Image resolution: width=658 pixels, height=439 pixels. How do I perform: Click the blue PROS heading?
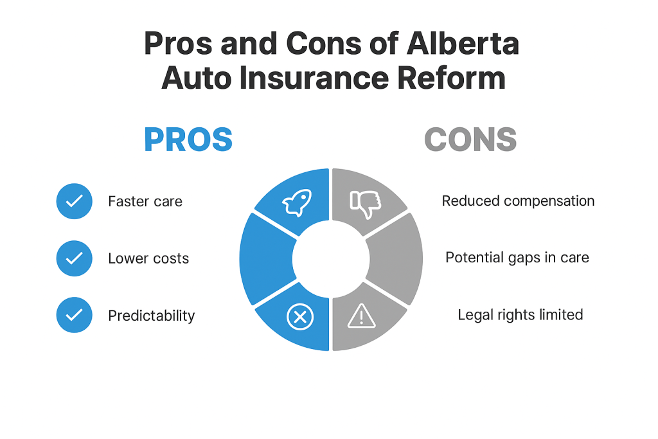coord(188,139)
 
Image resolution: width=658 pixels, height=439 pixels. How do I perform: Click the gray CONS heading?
coord(470,139)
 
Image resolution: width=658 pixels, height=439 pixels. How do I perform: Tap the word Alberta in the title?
coord(463,43)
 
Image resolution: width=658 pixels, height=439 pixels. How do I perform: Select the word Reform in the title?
coord(451,78)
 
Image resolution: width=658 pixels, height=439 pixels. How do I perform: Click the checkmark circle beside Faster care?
coord(75,201)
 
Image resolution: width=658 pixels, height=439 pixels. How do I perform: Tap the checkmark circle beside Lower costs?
coord(75,258)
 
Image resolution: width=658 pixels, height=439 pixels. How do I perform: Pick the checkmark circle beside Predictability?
coord(75,315)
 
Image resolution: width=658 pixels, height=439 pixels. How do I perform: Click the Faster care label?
coord(145,201)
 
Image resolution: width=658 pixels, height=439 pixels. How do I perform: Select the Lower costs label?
coord(148,258)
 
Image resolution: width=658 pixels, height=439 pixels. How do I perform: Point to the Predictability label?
coord(152,316)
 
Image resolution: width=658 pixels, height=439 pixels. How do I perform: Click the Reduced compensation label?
coord(519,201)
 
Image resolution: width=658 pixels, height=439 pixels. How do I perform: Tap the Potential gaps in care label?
coord(517,258)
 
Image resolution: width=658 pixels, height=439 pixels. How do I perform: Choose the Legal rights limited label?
coord(520,315)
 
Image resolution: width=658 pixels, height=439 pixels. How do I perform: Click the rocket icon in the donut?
coord(298,202)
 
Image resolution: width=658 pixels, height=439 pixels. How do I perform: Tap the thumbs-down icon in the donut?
coord(366,204)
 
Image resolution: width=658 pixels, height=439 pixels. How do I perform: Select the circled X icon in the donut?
coord(300,317)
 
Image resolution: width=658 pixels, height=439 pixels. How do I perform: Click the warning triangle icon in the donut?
coord(361,316)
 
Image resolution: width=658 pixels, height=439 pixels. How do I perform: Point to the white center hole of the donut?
coord(331,260)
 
